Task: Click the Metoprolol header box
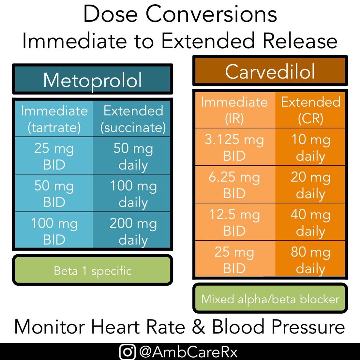[92, 79]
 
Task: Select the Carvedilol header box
[270, 71]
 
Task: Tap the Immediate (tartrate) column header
[54, 119]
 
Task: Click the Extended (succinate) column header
[133, 119]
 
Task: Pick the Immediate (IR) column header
[234, 110]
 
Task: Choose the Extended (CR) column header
[310, 110]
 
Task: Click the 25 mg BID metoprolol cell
[54, 156]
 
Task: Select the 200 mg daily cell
[133, 231]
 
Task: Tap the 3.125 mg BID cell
[234, 147]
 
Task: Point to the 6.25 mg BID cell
[234, 185]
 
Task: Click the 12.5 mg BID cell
[234, 222]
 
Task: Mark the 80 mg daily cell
[310, 260]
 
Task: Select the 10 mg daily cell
[310, 147]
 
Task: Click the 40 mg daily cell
[310, 222]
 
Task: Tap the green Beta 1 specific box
[92, 270]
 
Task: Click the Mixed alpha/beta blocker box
[270, 299]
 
